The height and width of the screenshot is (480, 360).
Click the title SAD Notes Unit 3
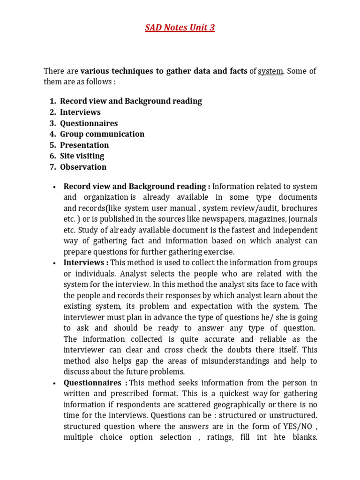[180, 28]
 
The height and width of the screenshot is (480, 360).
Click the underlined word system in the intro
[270, 71]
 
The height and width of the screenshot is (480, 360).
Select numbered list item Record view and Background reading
[131, 101]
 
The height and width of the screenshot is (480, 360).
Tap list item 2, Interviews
[80, 112]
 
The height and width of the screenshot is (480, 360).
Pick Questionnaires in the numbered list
[89, 123]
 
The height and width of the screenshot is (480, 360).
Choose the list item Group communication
[102, 134]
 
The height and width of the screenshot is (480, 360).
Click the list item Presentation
[84, 145]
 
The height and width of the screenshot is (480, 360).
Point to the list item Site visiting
[82, 156]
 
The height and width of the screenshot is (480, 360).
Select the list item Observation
[83, 167]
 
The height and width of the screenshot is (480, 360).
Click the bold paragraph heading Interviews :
[86, 262]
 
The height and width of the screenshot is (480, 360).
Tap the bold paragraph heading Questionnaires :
[95, 382]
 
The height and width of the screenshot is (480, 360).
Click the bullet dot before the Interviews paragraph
[55, 263]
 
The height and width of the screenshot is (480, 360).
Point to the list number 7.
[52, 167]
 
